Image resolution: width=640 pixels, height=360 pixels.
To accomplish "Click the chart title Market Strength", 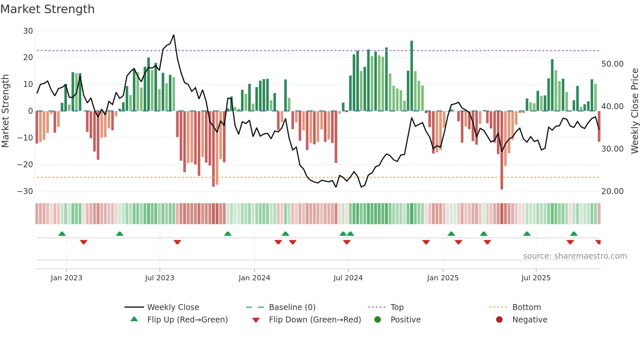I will (47, 9).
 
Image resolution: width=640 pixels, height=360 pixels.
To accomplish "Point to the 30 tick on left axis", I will (28, 31).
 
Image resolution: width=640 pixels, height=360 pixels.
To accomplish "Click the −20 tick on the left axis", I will (25, 165).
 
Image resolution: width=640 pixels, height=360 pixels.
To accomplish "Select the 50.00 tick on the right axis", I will (612, 64).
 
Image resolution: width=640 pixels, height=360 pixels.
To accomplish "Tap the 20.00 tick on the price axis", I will (612, 191).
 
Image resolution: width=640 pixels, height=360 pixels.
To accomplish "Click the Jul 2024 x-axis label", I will (348, 278).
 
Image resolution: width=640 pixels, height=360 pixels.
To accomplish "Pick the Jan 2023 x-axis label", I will (66, 278).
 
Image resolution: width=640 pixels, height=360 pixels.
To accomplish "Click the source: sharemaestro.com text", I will (575, 256).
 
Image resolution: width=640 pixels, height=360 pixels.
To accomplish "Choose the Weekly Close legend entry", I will (173, 307).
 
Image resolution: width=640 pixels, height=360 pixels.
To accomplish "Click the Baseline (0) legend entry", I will (292, 307).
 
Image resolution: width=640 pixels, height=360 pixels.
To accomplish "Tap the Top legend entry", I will (397, 307).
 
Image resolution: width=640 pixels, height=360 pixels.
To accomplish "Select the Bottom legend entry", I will (526, 307).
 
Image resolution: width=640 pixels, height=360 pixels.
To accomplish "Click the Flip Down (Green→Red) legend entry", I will (315, 320).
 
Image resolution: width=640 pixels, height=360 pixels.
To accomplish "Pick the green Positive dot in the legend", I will (377, 320).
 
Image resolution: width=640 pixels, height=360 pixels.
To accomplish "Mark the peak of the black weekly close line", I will (174, 35).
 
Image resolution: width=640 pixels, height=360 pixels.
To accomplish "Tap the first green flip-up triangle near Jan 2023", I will (62, 234).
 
